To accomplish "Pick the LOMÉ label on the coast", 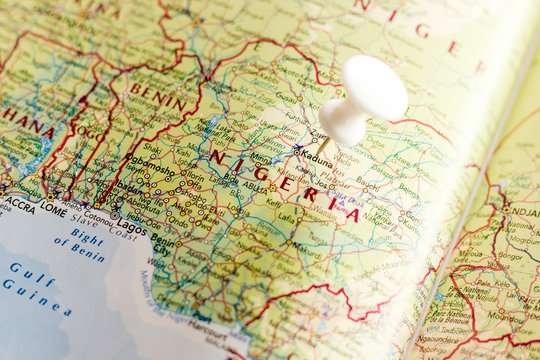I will click(53, 211).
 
